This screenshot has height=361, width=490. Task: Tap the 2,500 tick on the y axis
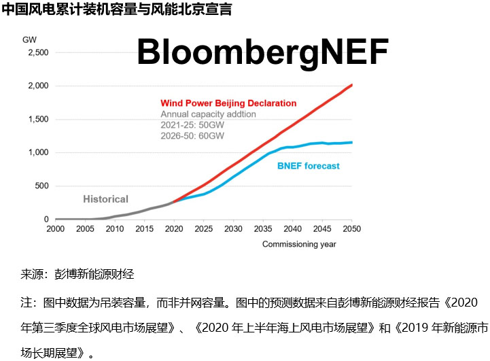point(37,52)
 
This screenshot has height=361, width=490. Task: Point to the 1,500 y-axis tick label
point(37,119)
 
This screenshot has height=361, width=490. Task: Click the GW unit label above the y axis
point(30,39)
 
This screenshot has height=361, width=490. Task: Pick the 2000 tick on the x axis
point(55,229)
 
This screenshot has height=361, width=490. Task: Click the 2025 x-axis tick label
point(203,229)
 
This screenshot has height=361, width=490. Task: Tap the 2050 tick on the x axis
point(351,229)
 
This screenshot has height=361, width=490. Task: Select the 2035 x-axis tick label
point(262,229)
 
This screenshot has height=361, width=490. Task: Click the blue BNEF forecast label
point(309,166)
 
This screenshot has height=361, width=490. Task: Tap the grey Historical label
point(105,199)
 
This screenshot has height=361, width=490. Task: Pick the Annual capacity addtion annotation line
point(208,114)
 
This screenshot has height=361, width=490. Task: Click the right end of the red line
point(351,85)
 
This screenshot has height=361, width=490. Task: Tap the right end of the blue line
point(351,142)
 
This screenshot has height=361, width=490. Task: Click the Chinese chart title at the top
point(117,10)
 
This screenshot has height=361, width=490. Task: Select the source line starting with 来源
point(77,275)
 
